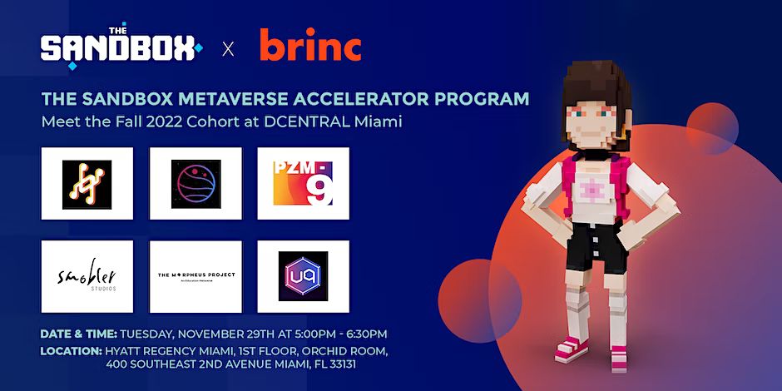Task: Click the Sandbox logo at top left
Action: point(120,48)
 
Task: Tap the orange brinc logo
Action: point(310,47)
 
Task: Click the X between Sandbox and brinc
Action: point(228,49)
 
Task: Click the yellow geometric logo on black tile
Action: point(87,184)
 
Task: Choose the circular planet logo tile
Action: point(195,184)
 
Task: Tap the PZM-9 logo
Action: point(303,183)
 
